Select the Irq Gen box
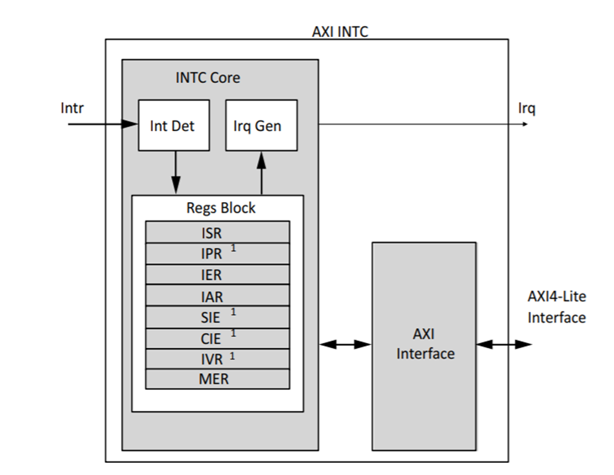(261, 125)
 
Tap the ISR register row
(217, 233)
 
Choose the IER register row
(217, 275)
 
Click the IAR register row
(217, 297)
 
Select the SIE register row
(217, 318)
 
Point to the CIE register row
(217, 339)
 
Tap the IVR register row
(217, 359)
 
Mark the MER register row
(217, 379)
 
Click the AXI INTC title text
(340, 31)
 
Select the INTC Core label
(207, 77)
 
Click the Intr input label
(72, 108)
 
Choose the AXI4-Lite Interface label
(557, 307)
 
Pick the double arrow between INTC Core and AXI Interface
(345, 345)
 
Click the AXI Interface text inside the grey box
(424, 344)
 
